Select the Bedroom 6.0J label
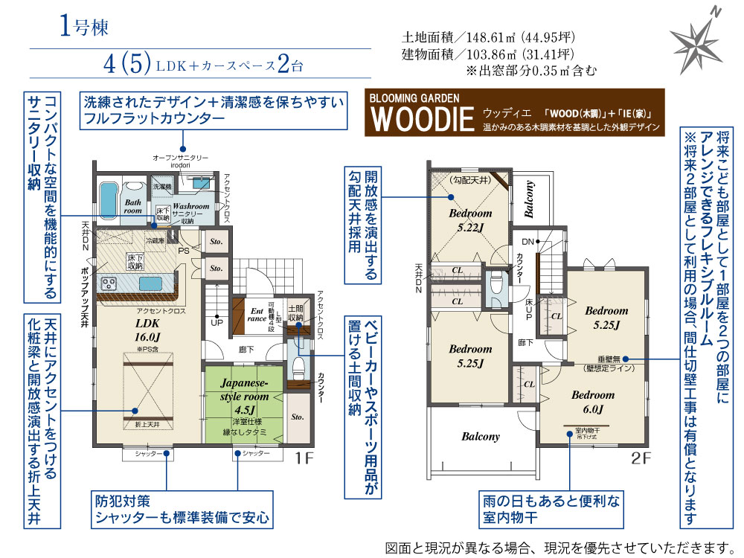click(592, 401)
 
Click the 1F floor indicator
click(304, 459)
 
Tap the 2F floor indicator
click(641, 459)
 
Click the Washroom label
click(190, 205)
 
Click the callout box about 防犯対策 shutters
click(181, 508)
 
